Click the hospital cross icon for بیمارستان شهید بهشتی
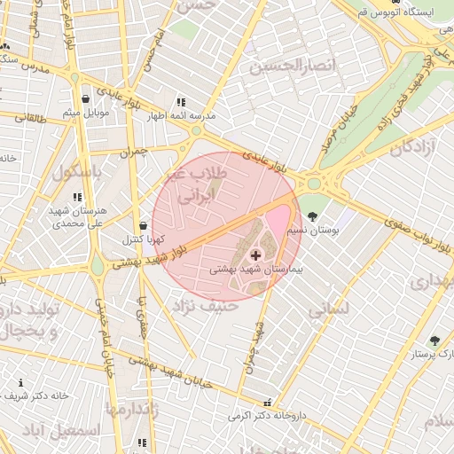256,255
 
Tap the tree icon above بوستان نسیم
311,216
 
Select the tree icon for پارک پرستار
434,340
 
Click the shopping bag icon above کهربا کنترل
144,226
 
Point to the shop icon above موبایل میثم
85,99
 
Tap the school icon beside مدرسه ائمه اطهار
182,102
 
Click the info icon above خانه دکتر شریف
20,383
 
